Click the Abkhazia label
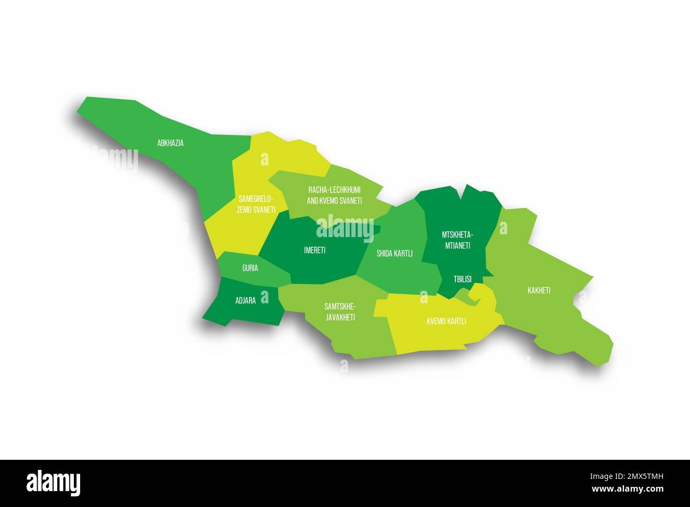coord(170,143)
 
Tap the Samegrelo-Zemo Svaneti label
coord(256,204)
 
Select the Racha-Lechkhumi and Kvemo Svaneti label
coord(334,195)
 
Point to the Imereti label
coord(315,250)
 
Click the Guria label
coord(250,268)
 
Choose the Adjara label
coord(245,300)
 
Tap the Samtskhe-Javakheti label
coord(340,312)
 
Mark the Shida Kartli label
coord(394,253)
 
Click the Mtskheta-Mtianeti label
coord(456,240)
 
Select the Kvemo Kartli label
coord(446,321)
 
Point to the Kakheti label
coord(539,291)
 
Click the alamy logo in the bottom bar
coord(54,483)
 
